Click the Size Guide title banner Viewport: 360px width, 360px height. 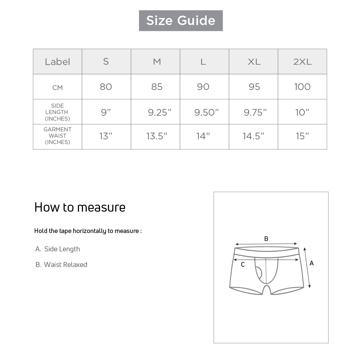point(181,21)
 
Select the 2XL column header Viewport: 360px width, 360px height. point(302,62)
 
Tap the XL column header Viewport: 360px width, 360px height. point(254,62)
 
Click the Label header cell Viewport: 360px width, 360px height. point(57,62)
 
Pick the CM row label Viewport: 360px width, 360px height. point(57,88)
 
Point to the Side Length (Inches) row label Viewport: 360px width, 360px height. point(57,112)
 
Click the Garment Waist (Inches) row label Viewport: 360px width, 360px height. point(57,136)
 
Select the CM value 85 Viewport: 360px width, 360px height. point(157,87)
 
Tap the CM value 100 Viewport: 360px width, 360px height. point(302,87)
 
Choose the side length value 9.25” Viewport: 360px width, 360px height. point(160,112)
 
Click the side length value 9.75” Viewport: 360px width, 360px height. point(255,112)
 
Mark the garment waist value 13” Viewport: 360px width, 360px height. point(106,136)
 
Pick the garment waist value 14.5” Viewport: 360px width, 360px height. point(253,136)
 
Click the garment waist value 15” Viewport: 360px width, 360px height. point(302,136)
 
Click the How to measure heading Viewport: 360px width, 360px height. point(80,207)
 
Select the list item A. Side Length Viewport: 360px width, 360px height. point(58,249)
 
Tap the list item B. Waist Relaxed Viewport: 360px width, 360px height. point(61,265)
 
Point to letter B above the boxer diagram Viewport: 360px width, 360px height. point(266,239)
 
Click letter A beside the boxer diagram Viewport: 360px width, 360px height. point(312,263)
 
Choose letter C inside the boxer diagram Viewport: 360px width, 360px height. point(243,265)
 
